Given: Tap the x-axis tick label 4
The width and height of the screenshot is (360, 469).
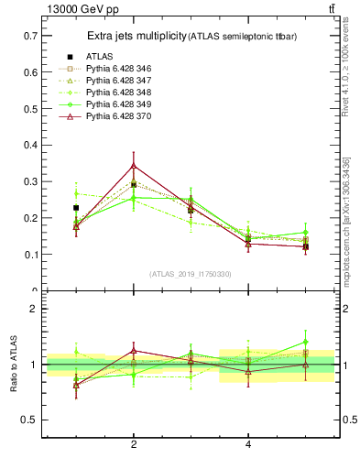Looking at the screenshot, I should (248, 445).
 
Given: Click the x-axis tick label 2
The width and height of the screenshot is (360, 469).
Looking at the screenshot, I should (134, 445).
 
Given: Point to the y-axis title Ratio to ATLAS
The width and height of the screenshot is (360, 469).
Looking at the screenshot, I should (12, 364).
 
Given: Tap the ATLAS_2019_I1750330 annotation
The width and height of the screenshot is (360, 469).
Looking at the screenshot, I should (191, 274).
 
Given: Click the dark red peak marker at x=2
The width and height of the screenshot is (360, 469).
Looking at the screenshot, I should (134, 166).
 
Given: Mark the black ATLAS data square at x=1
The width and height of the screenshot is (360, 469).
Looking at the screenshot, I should (76, 208).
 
